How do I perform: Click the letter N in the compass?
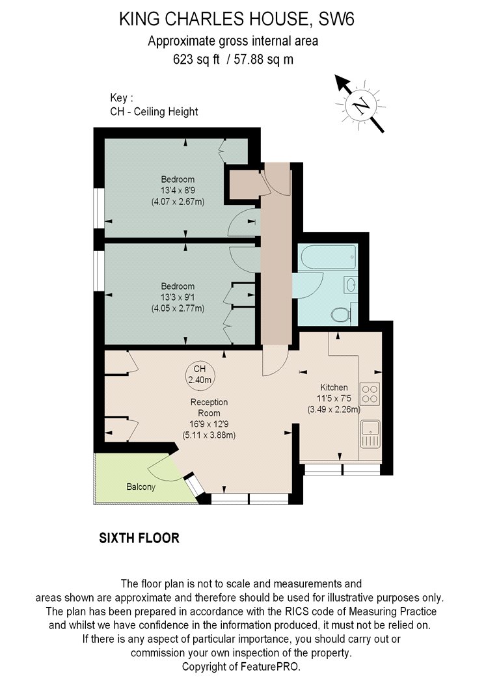point(360,105)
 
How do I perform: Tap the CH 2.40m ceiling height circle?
point(200,374)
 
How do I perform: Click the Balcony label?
point(141,487)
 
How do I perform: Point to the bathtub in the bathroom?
point(327,257)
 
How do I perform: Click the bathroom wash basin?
point(351,286)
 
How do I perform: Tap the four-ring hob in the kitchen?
point(370,394)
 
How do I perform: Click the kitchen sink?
point(370,434)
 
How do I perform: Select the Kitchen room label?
point(334,387)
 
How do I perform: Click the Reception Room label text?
point(209,408)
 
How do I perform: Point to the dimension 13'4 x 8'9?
point(178,191)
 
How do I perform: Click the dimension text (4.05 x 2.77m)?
point(178,308)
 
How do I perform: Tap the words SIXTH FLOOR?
point(139,538)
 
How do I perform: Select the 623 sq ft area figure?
point(196,59)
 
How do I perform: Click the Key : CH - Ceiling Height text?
point(154,105)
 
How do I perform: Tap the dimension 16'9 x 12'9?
point(209,424)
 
